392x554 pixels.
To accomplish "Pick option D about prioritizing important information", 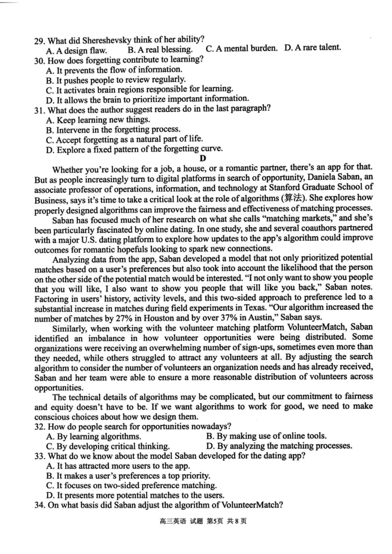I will point(147,98).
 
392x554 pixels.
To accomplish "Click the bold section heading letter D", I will point(202,158).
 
